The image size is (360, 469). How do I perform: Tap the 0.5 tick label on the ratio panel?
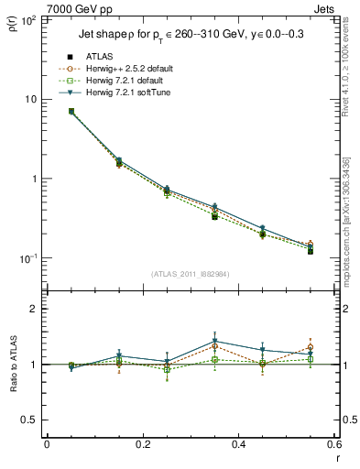29,420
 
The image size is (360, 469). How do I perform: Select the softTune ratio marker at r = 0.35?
214,341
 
